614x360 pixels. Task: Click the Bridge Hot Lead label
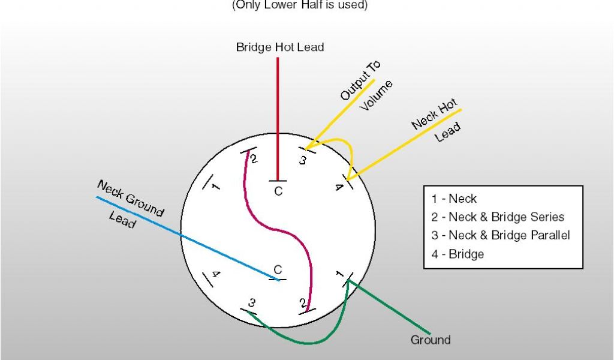coord(280,47)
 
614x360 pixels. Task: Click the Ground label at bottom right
coord(431,340)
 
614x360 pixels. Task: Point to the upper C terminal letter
coord(278,191)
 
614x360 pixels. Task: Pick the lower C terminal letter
coord(278,270)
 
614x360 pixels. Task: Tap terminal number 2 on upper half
coord(254,159)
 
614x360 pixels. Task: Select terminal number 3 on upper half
coord(303,160)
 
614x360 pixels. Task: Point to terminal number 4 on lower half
coord(216,275)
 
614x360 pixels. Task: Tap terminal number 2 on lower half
coord(302,301)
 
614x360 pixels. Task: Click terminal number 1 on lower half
coord(339,275)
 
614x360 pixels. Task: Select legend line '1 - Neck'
coord(454,199)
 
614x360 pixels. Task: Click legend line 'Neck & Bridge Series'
coord(498,217)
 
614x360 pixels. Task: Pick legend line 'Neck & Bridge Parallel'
coord(500,235)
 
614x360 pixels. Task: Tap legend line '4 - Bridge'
coord(457,254)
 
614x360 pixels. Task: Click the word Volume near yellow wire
coord(377,96)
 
